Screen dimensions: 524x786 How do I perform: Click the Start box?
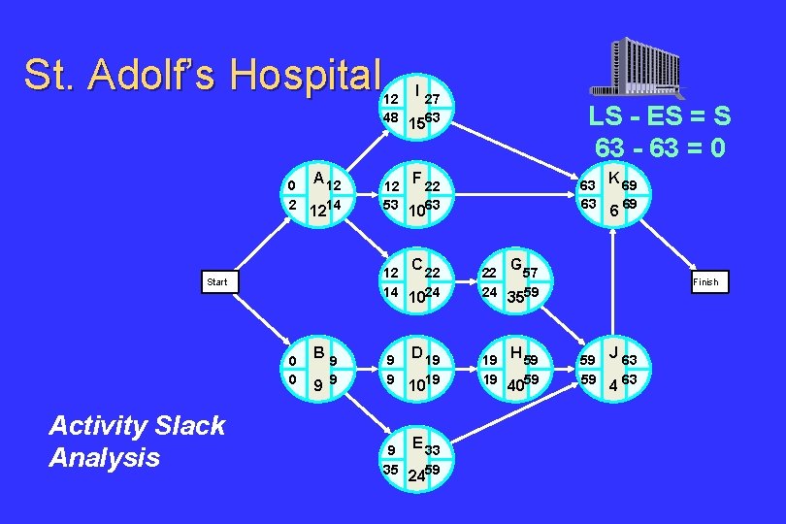[x=217, y=282]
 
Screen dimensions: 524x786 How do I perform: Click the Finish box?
[x=705, y=282]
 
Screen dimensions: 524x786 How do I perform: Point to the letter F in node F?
[x=416, y=178]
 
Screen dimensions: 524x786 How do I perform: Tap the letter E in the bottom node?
[x=416, y=442]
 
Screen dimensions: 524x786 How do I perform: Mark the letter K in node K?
[x=613, y=178]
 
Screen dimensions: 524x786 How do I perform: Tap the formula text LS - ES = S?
[x=660, y=115]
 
